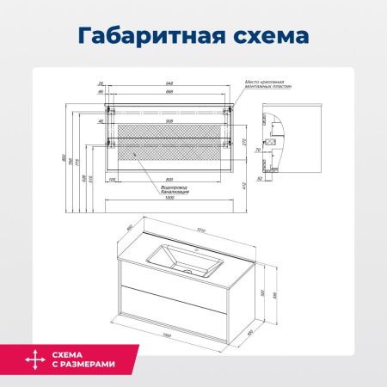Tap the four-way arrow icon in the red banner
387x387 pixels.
pyautogui.click(x=33, y=358)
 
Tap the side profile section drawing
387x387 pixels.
pyautogui.click(x=274, y=142)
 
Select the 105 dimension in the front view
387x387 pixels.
pyautogui.click(x=113, y=179)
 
